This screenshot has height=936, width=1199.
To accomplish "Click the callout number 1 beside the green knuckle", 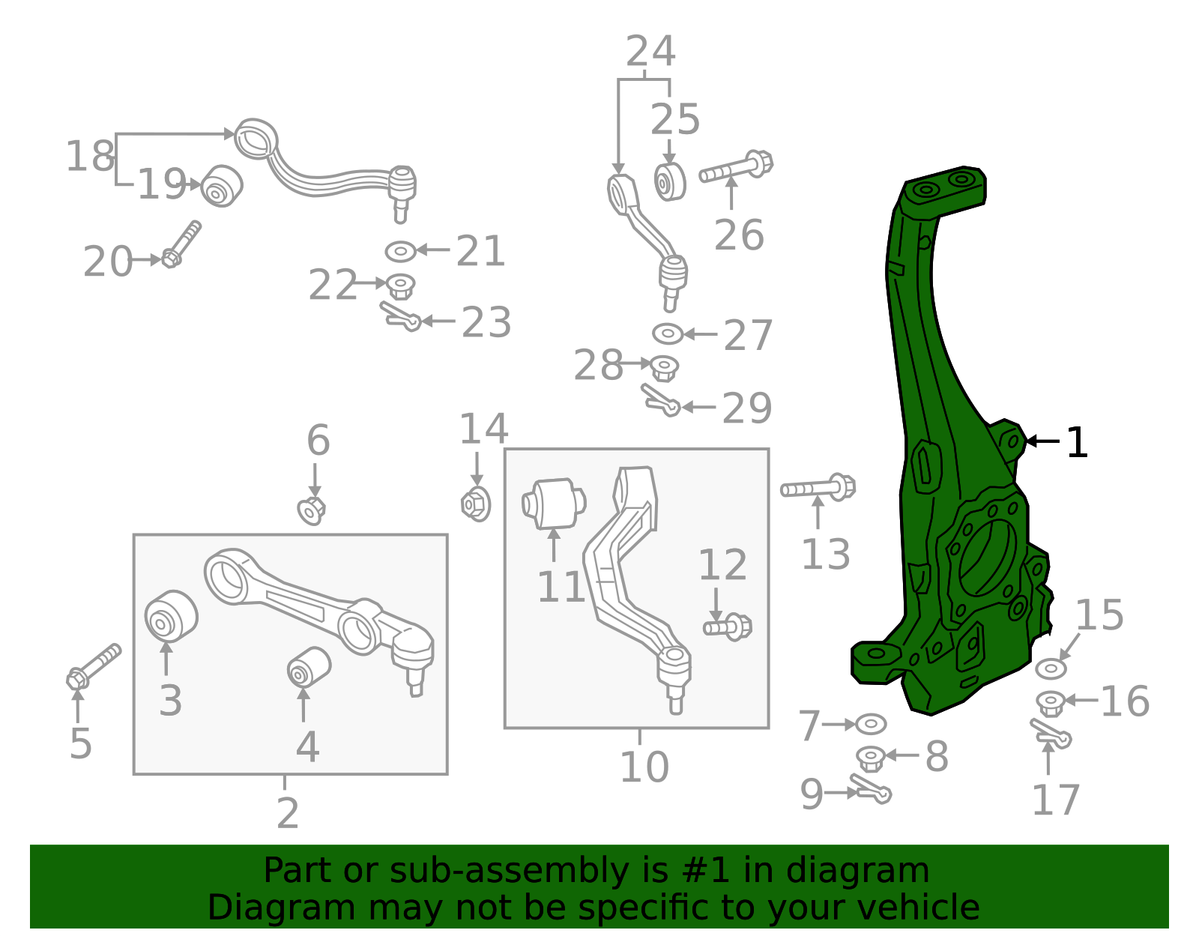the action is [x=1077, y=442].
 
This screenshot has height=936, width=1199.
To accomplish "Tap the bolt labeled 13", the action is [x=818, y=488].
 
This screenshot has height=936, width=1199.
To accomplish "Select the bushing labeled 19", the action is [x=221, y=186].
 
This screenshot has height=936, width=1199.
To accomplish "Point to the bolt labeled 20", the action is [x=181, y=244].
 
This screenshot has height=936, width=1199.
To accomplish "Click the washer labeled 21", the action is [x=401, y=252].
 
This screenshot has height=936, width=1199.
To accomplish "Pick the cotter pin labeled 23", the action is [x=400, y=316].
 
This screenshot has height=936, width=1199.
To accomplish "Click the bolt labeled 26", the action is [x=736, y=166].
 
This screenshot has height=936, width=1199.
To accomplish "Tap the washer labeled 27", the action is [x=668, y=333].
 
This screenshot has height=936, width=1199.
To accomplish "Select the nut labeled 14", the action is [x=476, y=504].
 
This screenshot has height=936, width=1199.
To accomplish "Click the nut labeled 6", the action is [x=312, y=511].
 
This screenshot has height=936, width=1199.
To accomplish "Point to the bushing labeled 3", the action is [x=171, y=617].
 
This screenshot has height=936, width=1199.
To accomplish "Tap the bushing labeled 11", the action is [x=554, y=503].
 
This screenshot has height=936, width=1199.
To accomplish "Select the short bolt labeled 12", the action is [x=728, y=627].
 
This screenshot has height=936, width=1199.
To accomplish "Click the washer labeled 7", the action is [x=871, y=724].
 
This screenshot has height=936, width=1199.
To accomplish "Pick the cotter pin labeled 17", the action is [x=1051, y=734].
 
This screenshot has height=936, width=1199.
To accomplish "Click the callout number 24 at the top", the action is [x=650, y=51].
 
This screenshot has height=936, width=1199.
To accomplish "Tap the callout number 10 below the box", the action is [x=644, y=767].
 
